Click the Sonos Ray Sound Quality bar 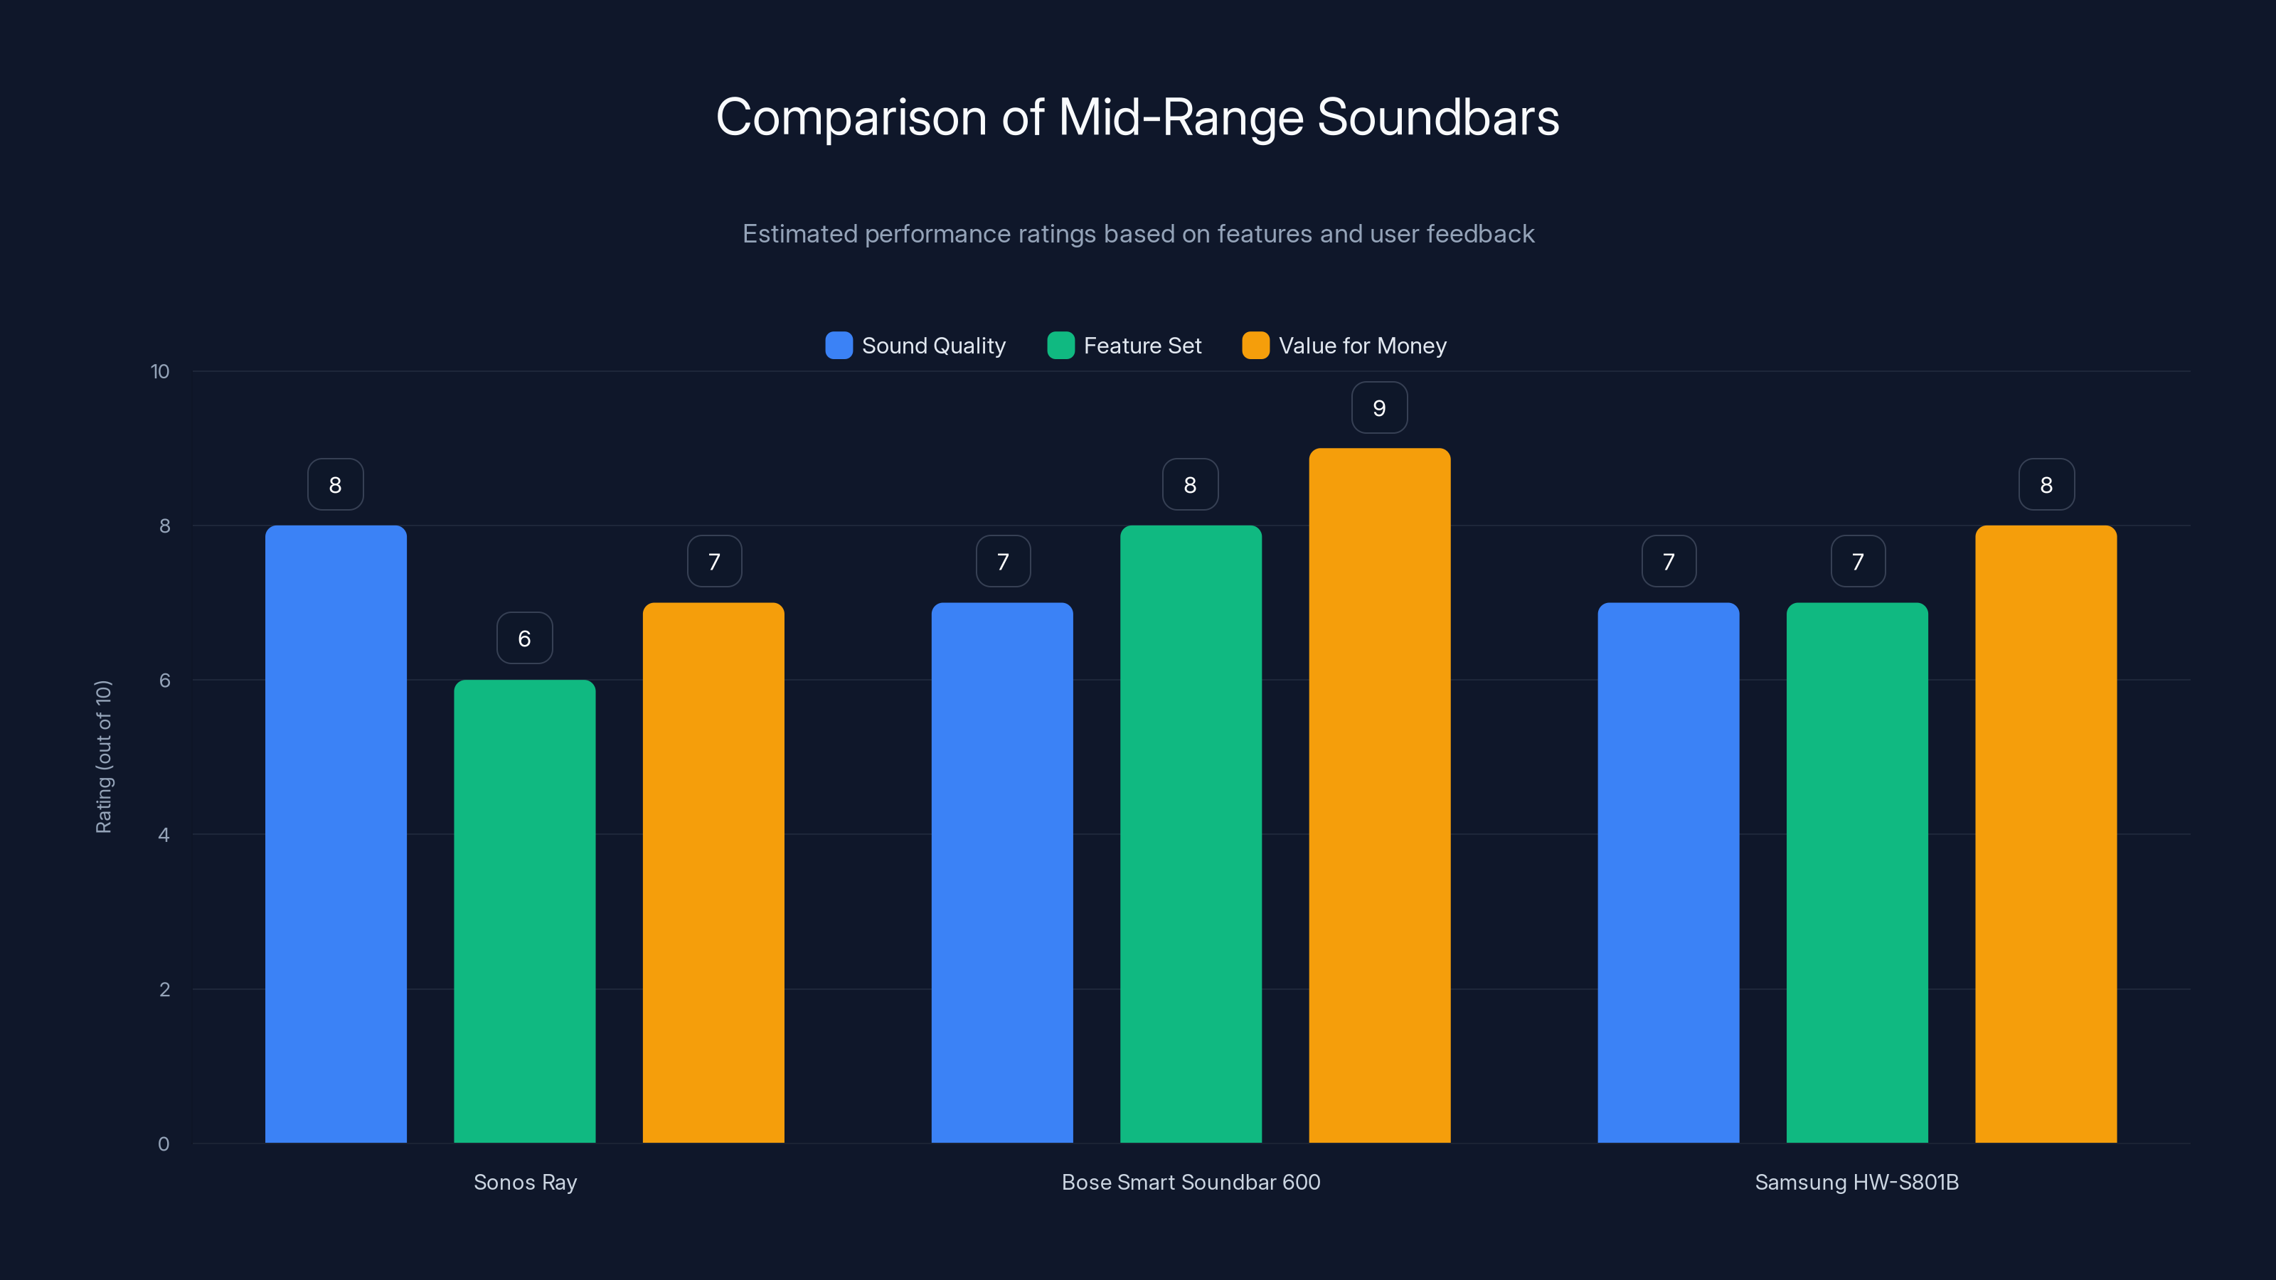[336, 834]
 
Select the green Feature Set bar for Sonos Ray [524, 911]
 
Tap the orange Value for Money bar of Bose [1379, 795]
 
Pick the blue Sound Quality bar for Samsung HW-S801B [1668, 873]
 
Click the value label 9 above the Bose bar [1379, 408]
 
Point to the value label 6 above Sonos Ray [524, 639]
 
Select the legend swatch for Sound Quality [839, 346]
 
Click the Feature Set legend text [1142, 346]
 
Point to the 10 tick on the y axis [160, 371]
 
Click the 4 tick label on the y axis [164, 835]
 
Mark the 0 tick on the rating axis [164, 1144]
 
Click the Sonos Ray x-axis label [525, 1182]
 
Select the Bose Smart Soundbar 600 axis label [1190, 1182]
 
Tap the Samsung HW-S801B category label [1856, 1182]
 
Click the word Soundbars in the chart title [1437, 117]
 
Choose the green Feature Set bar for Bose [1190, 834]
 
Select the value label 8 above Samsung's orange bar [2046, 485]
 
